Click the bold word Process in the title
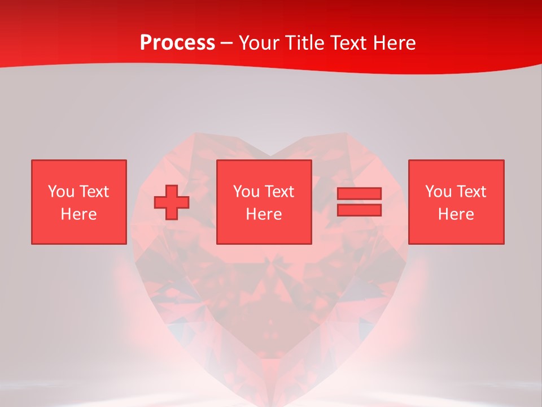point(177,43)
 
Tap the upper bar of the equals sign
point(359,194)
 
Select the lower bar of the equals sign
point(359,210)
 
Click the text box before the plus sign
point(78,202)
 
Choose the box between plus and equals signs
point(264,202)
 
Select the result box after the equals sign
point(456,202)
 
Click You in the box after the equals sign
point(438,192)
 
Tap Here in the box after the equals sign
point(456,214)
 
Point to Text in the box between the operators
point(279,192)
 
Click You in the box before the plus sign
point(61,192)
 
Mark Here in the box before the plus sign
point(78,214)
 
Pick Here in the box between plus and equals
point(264,214)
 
